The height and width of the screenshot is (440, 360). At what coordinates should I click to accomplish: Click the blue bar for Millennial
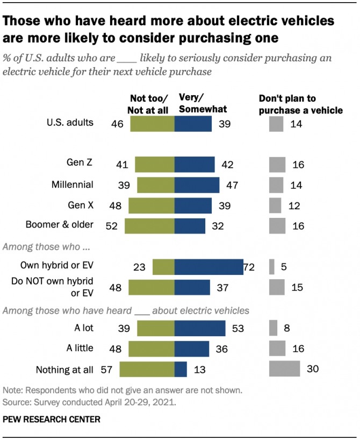click(197, 184)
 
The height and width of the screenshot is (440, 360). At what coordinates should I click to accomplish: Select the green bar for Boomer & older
click(149, 225)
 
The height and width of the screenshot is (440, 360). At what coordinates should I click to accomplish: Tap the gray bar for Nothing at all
click(284, 368)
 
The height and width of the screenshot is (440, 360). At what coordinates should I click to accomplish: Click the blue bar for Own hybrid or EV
click(209, 267)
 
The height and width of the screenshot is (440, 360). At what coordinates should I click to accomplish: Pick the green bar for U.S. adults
click(152, 124)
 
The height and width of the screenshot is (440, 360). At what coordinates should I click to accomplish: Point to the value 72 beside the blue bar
click(249, 267)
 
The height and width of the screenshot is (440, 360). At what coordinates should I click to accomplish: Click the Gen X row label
click(82, 205)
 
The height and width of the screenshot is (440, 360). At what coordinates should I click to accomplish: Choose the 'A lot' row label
click(82, 328)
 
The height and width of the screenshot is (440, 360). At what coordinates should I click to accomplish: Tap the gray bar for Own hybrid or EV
click(272, 267)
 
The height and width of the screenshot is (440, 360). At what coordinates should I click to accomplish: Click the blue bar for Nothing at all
click(181, 369)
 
